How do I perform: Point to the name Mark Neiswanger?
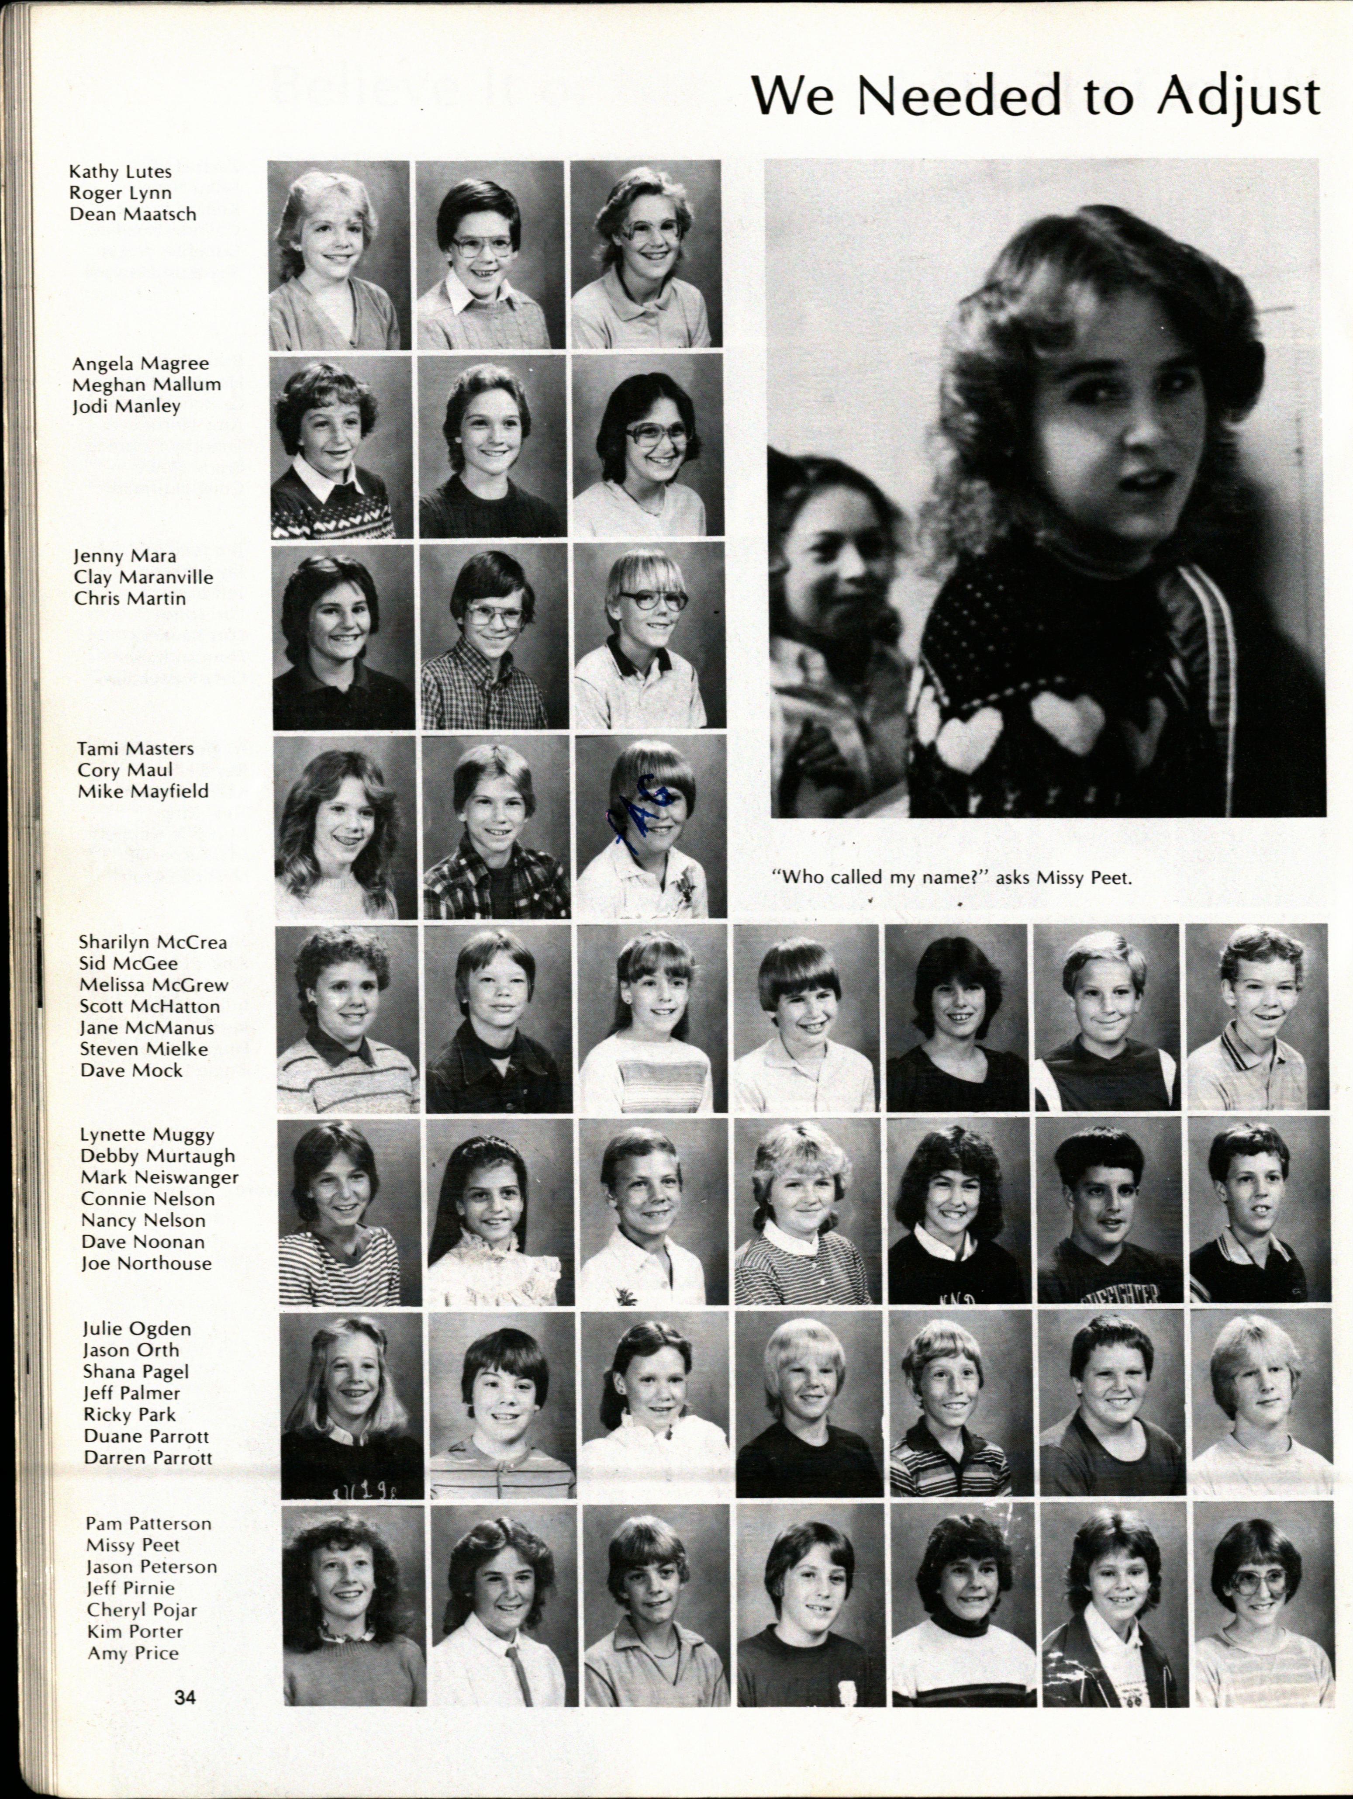point(159,1177)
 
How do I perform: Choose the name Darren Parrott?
point(147,1457)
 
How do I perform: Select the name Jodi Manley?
point(126,405)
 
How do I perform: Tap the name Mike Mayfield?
point(143,791)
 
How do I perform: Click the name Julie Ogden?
point(137,1329)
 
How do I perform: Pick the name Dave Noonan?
point(142,1242)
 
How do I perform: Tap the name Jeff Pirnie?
point(130,1588)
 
